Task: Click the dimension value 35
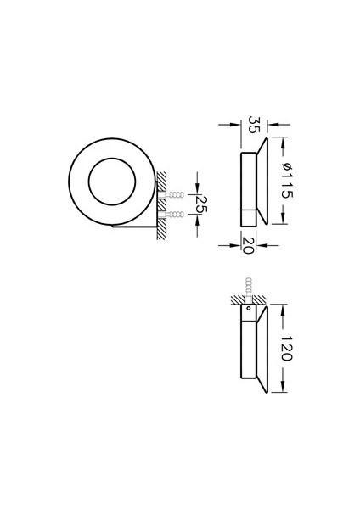click(254, 125)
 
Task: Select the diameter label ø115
click(288, 181)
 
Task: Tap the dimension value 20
click(248, 245)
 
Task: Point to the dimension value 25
click(201, 204)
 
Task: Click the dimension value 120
click(286, 349)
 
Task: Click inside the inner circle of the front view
click(112, 182)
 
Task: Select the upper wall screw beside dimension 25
click(172, 195)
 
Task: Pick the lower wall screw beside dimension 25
click(172, 215)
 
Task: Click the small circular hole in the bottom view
click(249, 308)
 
